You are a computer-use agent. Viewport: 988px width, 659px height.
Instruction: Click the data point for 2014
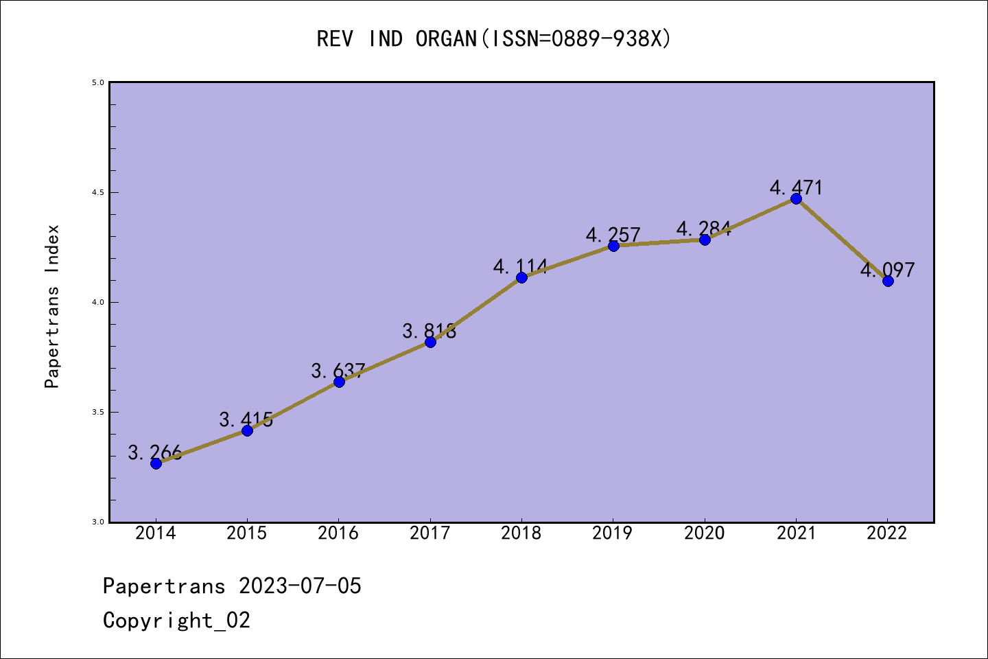point(156,463)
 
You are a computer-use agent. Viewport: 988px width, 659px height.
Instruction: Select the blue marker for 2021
point(796,198)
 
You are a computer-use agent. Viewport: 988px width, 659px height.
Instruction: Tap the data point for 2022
point(888,281)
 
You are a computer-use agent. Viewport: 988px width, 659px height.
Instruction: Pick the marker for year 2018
point(521,277)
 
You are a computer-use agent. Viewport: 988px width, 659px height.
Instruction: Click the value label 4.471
point(796,187)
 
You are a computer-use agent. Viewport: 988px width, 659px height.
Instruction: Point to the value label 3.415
point(246,419)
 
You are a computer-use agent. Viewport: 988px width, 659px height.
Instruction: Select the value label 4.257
point(613,235)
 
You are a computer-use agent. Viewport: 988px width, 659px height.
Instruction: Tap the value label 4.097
point(888,270)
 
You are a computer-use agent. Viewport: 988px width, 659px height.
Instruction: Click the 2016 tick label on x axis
point(338,533)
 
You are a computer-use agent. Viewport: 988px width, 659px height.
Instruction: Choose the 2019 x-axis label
point(613,533)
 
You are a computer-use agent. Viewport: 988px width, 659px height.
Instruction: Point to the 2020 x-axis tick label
point(705,533)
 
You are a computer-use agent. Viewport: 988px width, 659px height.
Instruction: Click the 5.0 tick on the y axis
point(97,82)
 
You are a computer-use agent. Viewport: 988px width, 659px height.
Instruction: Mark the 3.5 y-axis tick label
point(97,412)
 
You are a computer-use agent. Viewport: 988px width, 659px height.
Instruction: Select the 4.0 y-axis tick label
point(97,302)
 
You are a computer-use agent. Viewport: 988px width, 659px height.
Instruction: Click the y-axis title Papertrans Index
point(52,306)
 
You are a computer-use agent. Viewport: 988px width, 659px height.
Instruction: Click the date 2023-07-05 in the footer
point(300,586)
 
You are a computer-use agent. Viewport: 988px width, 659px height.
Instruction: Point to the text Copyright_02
point(176,621)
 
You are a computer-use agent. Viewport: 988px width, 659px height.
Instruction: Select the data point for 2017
point(430,342)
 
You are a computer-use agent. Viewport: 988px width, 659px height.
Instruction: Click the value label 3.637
point(338,371)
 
